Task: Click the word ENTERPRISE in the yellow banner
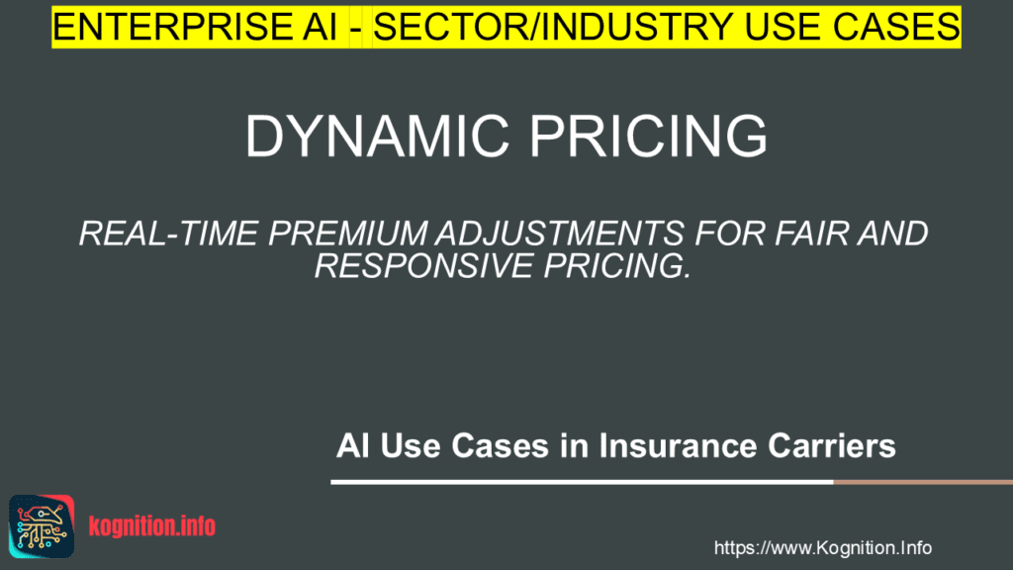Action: (x=162, y=27)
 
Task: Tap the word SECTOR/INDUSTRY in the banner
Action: (x=553, y=27)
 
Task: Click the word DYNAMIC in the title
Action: (x=377, y=136)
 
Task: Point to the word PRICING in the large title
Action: (x=649, y=136)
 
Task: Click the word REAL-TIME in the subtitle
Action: (x=168, y=234)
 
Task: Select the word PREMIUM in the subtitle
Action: (x=347, y=234)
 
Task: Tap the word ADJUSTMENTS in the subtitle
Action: (x=560, y=234)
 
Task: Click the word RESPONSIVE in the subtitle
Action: (x=423, y=265)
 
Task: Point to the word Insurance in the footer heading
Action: (x=678, y=446)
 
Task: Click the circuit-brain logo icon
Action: (x=42, y=526)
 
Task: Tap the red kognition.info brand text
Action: (x=151, y=526)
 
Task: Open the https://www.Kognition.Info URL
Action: (x=822, y=548)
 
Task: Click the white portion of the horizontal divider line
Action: (x=582, y=482)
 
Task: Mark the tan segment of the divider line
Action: (x=923, y=482)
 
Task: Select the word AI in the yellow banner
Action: (x=310, y=27)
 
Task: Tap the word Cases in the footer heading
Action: (x=500, y=446)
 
